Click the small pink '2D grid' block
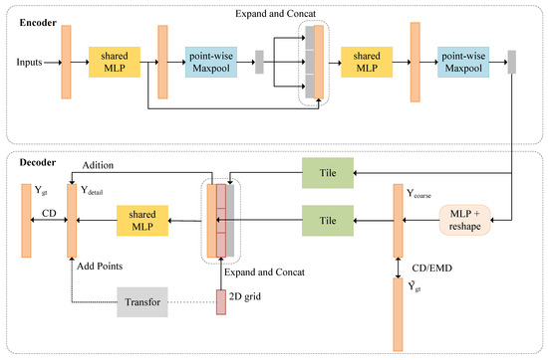pyautogui.click(x=221, y=300)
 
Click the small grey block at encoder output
pyautogui.click(x=512, y=62)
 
